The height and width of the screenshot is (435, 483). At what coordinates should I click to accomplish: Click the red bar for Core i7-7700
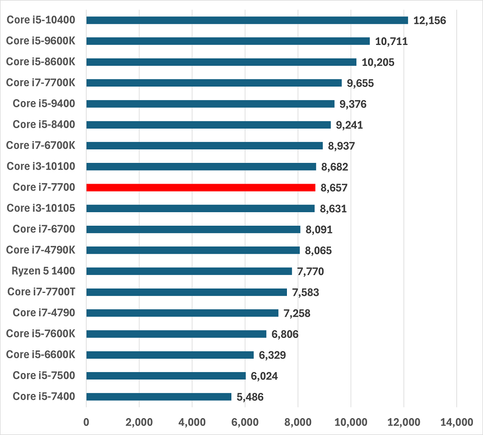[x=200, y=188]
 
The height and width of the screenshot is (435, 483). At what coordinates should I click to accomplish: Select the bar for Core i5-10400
[x=247, y=20]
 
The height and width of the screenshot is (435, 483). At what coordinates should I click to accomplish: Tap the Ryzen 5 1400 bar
[x=189, y=271]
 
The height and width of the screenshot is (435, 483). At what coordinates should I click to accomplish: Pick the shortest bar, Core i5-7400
[x=159, y=397]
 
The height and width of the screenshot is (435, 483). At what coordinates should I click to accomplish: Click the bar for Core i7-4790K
[x=193, y=250]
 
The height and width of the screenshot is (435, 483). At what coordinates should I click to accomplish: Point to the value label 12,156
[x=429, y=20]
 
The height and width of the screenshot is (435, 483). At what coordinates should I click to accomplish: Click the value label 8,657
[x=334, y=188]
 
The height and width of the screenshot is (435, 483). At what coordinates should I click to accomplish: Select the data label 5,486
[x=250, y=397]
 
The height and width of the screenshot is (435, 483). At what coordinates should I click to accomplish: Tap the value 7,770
[x=311, y=271]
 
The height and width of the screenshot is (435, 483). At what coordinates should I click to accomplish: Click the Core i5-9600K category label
[x=41, y=41]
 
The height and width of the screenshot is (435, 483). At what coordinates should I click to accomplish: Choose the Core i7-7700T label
[x=41, y=292]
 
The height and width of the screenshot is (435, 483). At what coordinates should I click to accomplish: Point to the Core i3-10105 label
[x=41, y=208]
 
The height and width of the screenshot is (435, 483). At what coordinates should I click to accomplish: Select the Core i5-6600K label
[x=41, y=355]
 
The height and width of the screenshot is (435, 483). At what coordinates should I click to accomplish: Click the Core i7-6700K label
[x=41, y=145]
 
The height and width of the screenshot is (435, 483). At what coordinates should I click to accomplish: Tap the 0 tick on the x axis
[x=86, y=422]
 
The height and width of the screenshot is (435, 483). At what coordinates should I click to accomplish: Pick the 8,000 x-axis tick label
[x=298, y=422]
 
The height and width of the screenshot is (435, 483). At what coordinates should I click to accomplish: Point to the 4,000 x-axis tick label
[x=192, y=422]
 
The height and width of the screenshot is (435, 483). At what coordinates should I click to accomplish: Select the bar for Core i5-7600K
[x=176, y=334]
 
